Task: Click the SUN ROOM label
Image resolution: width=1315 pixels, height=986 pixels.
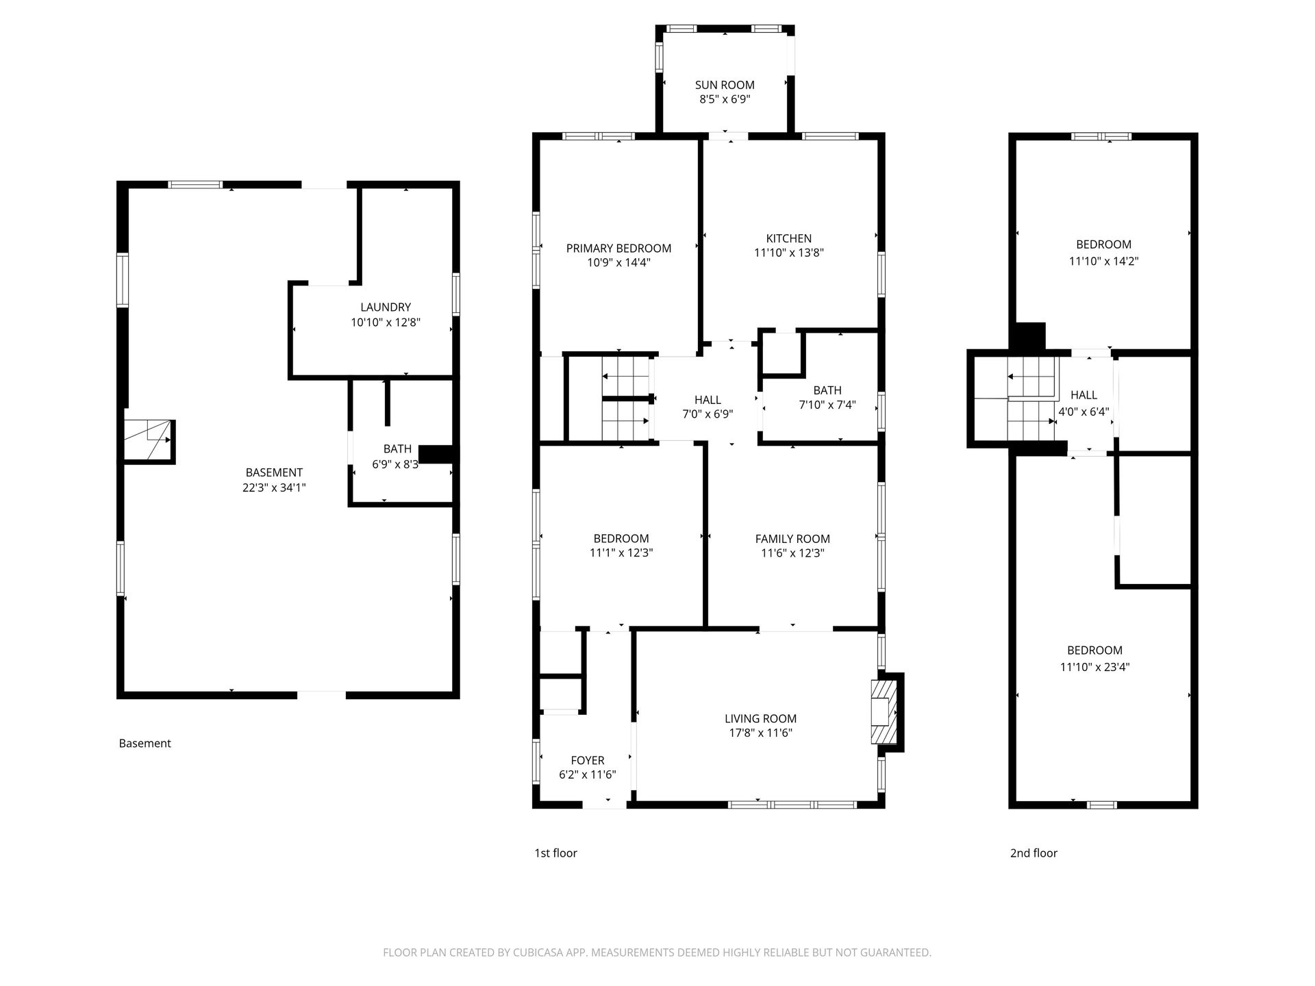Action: [x=725, y=85]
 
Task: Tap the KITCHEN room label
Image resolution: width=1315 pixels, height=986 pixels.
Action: [x=789, y=238]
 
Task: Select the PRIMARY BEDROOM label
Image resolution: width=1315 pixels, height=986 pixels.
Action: [x=618, y=249]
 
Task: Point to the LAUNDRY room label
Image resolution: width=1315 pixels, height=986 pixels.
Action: [x=386, y=307]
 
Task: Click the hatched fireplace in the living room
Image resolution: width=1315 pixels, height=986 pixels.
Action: [x=884, y=712]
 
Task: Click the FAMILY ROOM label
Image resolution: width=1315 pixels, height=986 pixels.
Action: [x=792, y=539]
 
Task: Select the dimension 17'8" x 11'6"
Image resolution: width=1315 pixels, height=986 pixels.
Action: [x=761, y=733]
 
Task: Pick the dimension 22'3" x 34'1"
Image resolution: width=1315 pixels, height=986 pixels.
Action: [x=274, y=488]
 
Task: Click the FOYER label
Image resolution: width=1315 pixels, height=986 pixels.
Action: [x=588, y=761]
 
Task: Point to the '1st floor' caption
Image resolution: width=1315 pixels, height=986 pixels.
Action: [x=555, y=853]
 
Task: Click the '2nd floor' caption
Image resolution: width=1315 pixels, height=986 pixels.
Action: [x=1034, y=853]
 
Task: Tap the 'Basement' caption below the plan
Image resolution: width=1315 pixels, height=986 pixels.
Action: [x=145, y=744]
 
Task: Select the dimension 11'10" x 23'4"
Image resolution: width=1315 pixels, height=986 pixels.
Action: [x=1094, y=667]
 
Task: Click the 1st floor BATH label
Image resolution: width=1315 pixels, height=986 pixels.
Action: [x=827, y=390]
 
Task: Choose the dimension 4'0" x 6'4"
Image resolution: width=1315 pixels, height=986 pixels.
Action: [x=1084, y=412]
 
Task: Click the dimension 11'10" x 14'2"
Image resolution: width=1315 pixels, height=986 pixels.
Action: [x=1103, y=261]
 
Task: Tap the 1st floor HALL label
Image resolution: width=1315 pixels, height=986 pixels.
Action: [x=707, y=400]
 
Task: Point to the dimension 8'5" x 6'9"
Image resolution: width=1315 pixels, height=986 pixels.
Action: [x=725, y=99]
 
